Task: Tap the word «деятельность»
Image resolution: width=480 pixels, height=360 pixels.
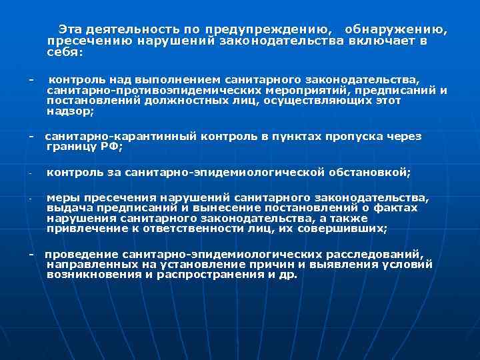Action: pos(129,30)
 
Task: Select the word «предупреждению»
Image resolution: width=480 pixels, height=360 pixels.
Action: pos(266,30)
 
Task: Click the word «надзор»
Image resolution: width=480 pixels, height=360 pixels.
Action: pos(70,111)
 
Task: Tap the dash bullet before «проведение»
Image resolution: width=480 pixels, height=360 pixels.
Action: pos(31,255)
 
